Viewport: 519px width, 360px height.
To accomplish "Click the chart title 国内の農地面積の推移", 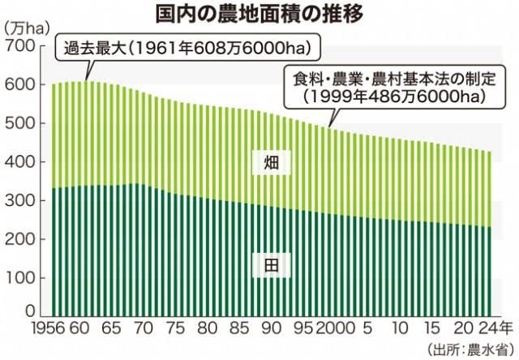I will click(x=259, y=14).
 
